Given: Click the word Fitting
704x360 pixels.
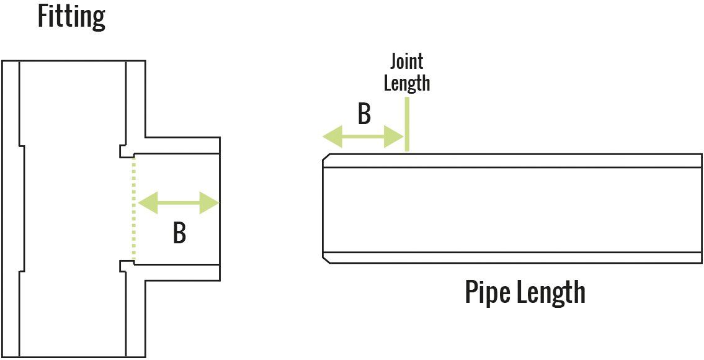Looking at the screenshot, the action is coord(71,17).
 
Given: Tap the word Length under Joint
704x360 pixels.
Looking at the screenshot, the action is coord(407,83).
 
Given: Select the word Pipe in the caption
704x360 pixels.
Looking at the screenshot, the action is coord(485,293).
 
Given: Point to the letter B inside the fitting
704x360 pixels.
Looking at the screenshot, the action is coord(179,234).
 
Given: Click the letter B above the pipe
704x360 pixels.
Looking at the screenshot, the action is coord(364,115).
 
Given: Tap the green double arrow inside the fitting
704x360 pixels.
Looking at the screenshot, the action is coord(178,203).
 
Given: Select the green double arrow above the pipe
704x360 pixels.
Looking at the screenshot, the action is coord(362,137).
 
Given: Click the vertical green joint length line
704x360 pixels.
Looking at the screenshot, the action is coord(407,124).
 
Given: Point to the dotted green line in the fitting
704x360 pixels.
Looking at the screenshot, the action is coord(133,209).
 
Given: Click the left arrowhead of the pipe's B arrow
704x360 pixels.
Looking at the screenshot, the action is coord(332,137).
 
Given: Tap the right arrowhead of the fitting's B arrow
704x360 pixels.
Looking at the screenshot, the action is coord(209,203).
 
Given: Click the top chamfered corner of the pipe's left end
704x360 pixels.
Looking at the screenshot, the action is coord(326,157).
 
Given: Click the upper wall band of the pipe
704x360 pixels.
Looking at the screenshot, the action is coord(512,161).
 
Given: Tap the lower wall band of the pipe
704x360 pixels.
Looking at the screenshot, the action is coord(512,258).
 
